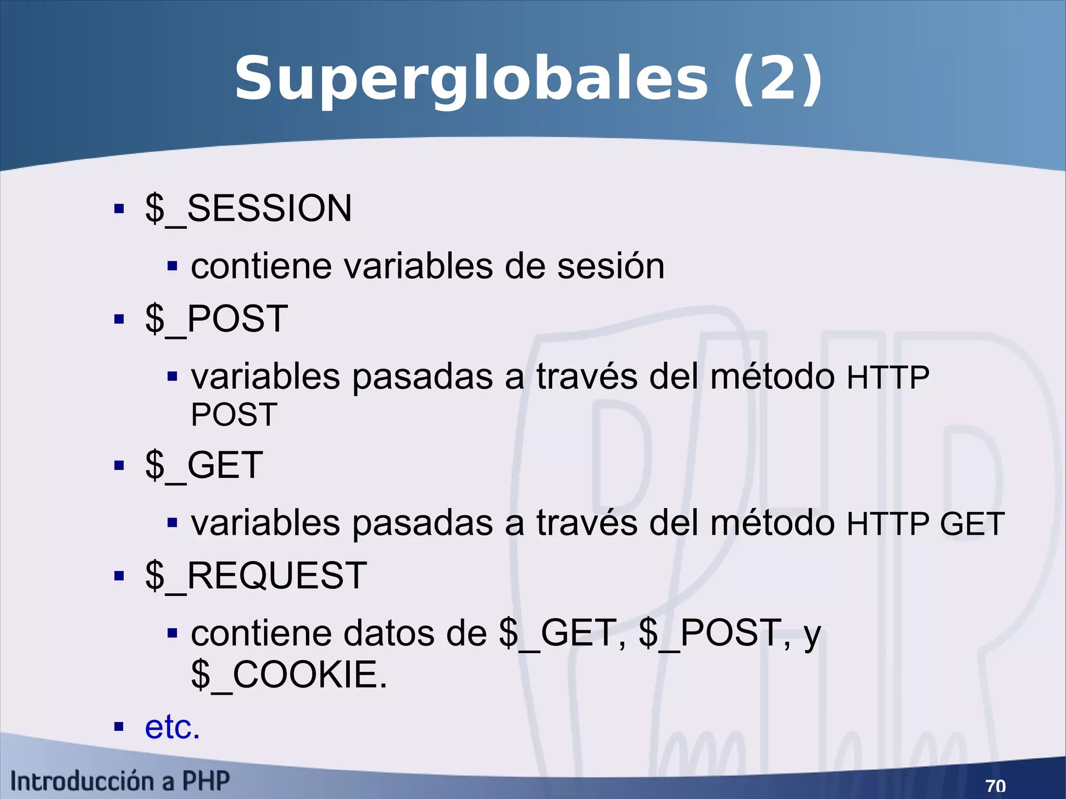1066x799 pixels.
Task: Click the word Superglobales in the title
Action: [471, 79]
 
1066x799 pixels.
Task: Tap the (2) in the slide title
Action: [777, 79]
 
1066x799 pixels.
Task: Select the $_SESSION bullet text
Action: [248, 209]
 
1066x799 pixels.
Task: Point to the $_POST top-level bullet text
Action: [217, 319]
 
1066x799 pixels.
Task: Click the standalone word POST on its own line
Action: [234, 415]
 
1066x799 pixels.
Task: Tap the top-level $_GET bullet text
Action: [204, 465]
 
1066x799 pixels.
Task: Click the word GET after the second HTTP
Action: [972, 524]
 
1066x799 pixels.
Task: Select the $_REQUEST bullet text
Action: [256, 576]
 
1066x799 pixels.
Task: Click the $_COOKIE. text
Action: [289, 675]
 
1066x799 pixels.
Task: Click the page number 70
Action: [995, 785]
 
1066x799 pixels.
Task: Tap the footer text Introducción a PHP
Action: [120, 781]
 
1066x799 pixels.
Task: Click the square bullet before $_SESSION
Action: [119, 209]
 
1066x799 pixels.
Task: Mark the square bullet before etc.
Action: [119, 727]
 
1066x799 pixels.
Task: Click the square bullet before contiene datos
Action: [173, 633]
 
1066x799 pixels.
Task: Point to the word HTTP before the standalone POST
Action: [887, 378]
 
